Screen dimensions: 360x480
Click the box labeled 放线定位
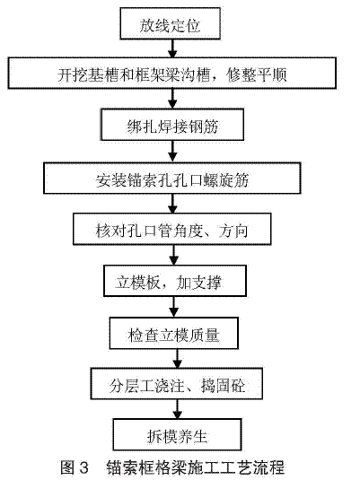(170, 23)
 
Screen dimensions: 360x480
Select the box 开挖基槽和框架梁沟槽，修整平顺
(171, 73)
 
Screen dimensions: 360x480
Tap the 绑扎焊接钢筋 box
(172, 125)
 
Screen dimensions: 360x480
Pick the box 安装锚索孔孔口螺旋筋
(171, 179)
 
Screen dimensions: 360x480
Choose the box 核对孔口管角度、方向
(171, 229)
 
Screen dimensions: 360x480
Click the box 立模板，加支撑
(175, 281)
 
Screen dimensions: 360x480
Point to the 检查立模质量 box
(174, 334)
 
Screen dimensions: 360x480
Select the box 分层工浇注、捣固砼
(177, 384)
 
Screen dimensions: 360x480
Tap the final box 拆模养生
(178, 434)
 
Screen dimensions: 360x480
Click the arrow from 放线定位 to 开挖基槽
(172, 48)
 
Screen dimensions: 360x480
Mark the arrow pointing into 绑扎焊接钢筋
(172, 99)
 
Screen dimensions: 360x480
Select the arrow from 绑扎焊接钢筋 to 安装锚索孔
(172, 152)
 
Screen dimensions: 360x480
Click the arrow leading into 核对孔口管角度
(172, 204)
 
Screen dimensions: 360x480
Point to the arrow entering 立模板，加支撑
(174, 255)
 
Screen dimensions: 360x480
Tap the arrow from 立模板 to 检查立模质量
(174, 307)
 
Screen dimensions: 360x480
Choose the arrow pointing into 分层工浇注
(178, 359)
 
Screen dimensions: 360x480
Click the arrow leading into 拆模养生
(178, 409)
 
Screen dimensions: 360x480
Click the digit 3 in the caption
(83, 467)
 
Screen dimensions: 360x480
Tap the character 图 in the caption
(67, 467)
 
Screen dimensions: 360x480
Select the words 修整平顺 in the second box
(257, 74)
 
